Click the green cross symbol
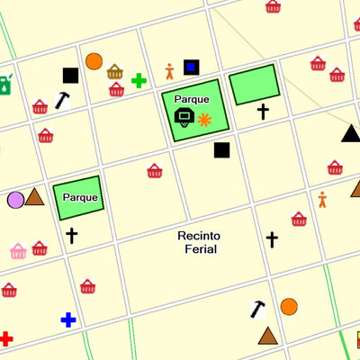click(x=139, y=81)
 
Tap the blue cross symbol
click(x=68, y=319)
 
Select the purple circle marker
click(x=15, y=199)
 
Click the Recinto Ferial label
click(x=199, y=242)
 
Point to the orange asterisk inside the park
click(x=205, y=119)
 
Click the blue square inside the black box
click(x=191, y=67)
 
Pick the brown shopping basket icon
click(x=115, y=72)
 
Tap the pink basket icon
click(x=18, y=250)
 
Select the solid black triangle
click(x=351, y=134)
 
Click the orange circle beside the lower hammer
click(x=289, y=306)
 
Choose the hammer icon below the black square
click(x=62, y=100)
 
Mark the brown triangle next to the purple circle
click(x=35, y=197)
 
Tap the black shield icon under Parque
click(x=184, y=116)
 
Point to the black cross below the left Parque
click(x=71, y=236)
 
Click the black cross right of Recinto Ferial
click(x=272, y=239)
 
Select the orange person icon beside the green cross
click(x=169, y=71)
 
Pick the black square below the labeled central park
click(x=222, y=150)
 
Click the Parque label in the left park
click(x=80, y=197)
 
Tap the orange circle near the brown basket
click(x=94, y=61)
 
